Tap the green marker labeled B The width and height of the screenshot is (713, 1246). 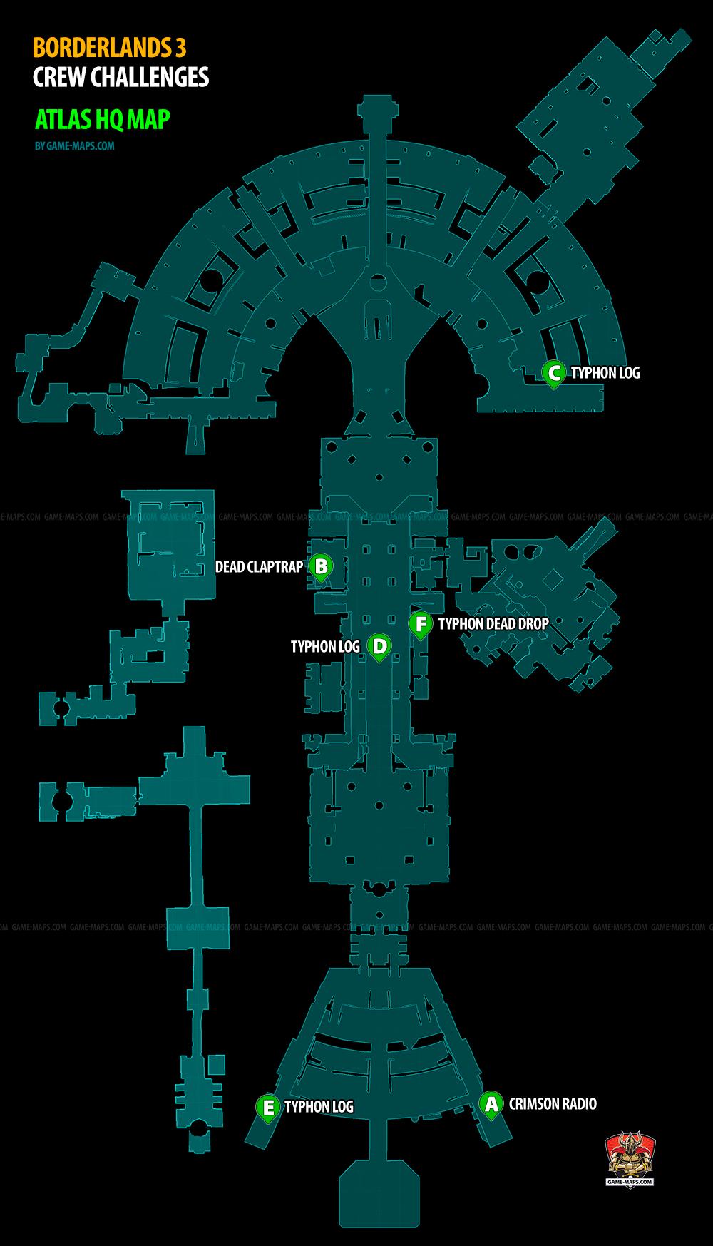321,567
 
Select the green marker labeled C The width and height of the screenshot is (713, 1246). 553,372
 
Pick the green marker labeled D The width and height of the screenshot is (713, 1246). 379,647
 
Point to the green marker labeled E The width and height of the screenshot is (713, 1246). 268,1108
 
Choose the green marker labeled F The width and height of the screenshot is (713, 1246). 421,624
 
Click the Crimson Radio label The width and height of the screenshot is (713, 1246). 553,1103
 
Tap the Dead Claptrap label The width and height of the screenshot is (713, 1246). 259,567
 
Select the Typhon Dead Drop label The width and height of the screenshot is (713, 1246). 493,624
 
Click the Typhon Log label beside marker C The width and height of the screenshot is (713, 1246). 605,372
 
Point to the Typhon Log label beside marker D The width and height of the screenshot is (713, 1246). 325,647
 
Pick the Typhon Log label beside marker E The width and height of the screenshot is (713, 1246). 319,1107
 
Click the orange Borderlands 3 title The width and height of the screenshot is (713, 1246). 110,48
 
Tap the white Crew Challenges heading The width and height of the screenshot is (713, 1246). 121,77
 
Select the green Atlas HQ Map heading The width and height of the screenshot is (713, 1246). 102,118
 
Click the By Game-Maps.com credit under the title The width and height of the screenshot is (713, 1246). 74,146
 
